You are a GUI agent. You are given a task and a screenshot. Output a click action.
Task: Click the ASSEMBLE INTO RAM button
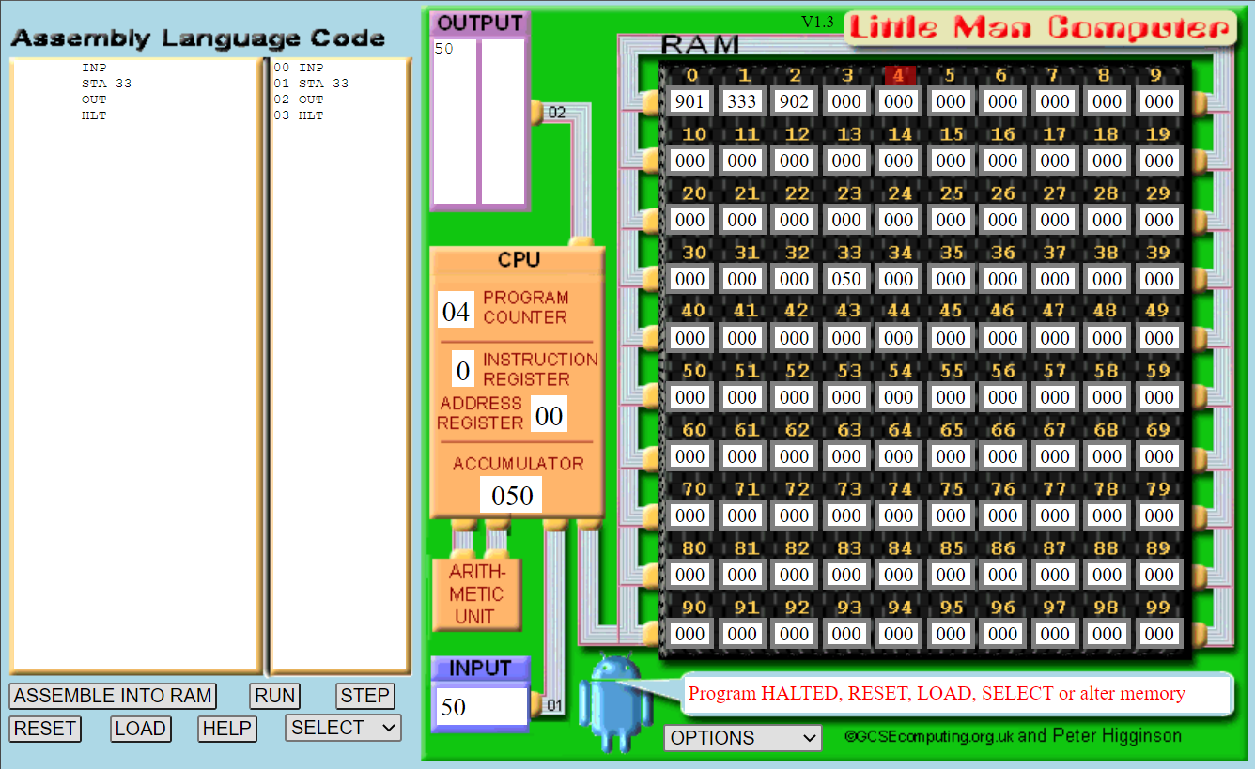click(113, 696)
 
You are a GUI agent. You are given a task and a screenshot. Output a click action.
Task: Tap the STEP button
click(364, 696)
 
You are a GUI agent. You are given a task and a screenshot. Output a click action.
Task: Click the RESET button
click(46, 729)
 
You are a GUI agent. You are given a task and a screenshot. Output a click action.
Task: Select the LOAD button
click(140, 729)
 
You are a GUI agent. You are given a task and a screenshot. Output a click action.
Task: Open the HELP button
click(227, 729)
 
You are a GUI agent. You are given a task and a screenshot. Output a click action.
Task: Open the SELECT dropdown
click(343, 728)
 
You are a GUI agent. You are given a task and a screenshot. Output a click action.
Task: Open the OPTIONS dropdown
click(742, 738)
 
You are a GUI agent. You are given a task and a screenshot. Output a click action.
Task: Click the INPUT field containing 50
click(480, 707)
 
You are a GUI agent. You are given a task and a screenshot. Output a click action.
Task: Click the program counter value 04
click(456, 311)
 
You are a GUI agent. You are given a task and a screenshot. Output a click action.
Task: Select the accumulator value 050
click(511, 495)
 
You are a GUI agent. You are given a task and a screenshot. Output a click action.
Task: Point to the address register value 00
click(549, 415)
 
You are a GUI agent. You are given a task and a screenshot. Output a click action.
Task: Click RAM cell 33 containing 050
click(846, 279)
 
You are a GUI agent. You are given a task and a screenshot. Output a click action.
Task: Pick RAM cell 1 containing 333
click(742, 101)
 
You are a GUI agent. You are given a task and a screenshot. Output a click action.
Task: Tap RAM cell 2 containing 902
click(795, 101)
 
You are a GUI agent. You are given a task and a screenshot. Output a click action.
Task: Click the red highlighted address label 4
click(898, 75)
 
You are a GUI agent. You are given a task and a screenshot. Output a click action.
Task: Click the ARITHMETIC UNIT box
click(476, 594)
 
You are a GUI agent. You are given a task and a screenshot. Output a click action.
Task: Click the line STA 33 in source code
click(106, 84)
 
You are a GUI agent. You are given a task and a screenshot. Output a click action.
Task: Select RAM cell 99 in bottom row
click(1159, 634)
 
